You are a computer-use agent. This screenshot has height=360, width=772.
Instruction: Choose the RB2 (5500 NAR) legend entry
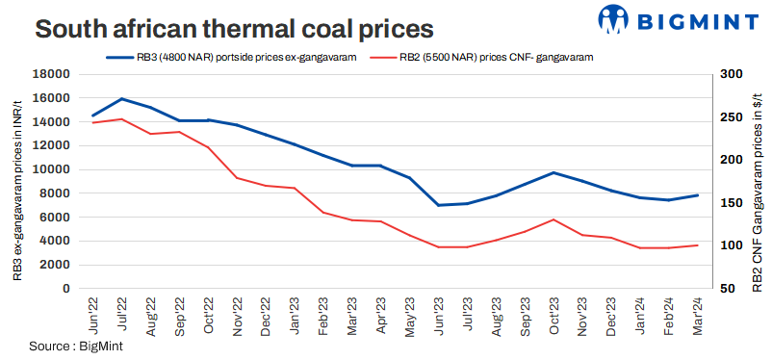(x=491, y=58)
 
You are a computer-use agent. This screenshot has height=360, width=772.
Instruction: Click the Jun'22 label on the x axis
(x=92, y=314)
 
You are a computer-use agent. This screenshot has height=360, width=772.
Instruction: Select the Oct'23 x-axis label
(x=553, y=314)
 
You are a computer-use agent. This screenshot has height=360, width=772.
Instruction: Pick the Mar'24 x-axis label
(x=697, y=314)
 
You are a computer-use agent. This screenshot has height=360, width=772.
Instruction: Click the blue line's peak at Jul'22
(x=121, y=99)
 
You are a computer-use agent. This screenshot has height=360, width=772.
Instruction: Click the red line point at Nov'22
(x=237, y=178)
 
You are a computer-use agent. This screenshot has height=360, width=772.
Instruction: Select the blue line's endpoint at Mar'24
(x=697, y=195)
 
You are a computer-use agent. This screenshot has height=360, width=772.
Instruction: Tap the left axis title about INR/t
(x=18, y=181)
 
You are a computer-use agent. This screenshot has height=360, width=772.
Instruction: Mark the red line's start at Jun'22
(x=92, y=123)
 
